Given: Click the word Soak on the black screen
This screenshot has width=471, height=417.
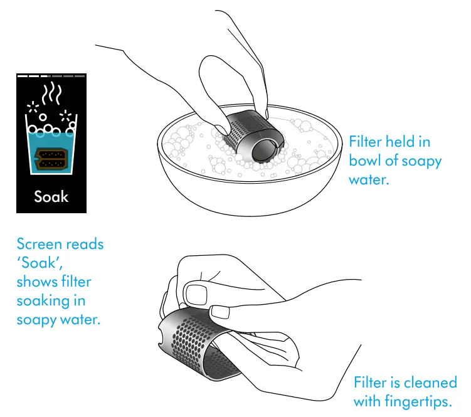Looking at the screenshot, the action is (x=51, y=196).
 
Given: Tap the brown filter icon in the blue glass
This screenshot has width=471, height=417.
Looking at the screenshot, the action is (x=50, y=159).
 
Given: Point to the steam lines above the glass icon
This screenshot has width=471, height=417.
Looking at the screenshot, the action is (x=51, y=93).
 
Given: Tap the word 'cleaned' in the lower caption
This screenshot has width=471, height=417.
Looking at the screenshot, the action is (x=430, y=383).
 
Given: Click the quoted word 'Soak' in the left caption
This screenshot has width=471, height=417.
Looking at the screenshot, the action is (x=40, y=263).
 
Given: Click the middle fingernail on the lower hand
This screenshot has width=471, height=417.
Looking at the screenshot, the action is (x=221, y=312).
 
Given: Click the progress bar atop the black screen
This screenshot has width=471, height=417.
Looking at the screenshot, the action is (x=51, y=76).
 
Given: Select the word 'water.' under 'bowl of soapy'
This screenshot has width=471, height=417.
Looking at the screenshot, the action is (x=369, y=180).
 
